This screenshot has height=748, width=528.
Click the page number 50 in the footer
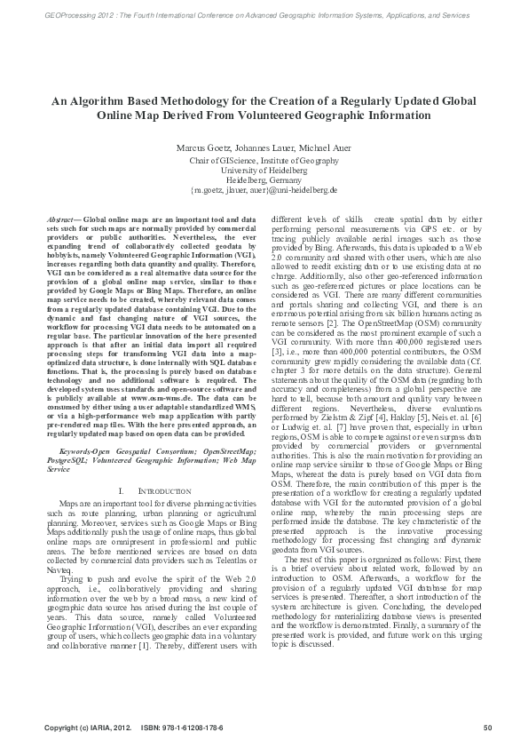[x=487, y=728]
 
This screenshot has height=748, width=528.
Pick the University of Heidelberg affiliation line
[x=264, y=170]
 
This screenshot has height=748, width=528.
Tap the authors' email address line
[x=264, y=189]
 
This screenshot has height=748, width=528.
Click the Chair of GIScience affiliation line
[x=264, y=160]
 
